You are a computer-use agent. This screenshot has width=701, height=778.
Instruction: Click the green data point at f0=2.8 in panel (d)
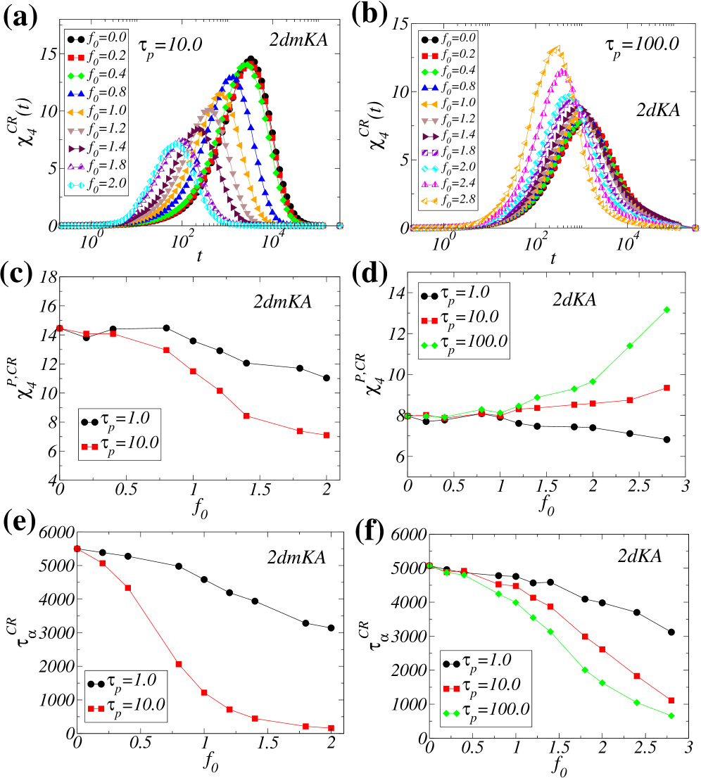click(667, 310)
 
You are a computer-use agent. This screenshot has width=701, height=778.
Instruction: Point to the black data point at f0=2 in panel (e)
click(330, 628)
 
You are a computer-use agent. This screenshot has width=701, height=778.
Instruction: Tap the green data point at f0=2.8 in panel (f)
click(671, 716)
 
